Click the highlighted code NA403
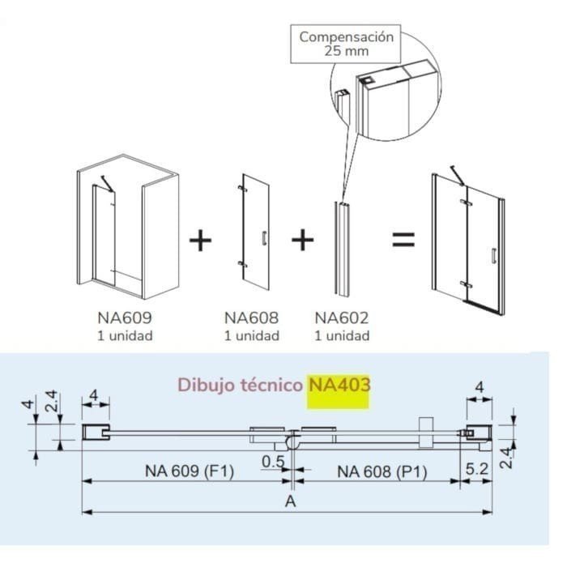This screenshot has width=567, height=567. click(x=339, y=384)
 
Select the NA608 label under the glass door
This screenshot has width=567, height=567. click(x=252, y=318)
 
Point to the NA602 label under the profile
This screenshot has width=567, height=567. click(x=342, y=318)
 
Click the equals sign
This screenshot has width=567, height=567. click(x=403, y=240)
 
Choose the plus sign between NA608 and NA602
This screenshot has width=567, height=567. click(x=302, y=240)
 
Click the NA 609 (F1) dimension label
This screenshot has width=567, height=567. click(x=189, y=470)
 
